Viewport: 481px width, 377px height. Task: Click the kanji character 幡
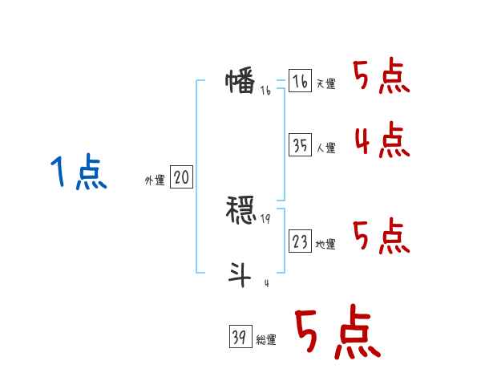[240, 83]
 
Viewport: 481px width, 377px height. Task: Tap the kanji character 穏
[240, 210]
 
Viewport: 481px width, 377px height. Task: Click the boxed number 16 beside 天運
[300, 81]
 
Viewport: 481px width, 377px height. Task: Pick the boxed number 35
[300, 145]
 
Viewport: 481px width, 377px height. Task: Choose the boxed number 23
[300, 241]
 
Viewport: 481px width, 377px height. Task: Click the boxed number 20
[181, 178]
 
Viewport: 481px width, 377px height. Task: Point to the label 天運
[325, 84]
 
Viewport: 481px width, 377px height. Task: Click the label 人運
[325, 148]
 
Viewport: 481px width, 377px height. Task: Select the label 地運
[325, 245]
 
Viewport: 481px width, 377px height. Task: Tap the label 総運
[266, 341]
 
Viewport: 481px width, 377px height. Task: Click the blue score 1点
[78, 173]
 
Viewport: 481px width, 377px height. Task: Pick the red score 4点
[382, 141]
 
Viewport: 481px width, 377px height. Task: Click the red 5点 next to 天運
[382, 77]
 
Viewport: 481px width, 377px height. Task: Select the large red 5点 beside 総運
[338, 333]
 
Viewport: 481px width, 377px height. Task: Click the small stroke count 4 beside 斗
[265, 283]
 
